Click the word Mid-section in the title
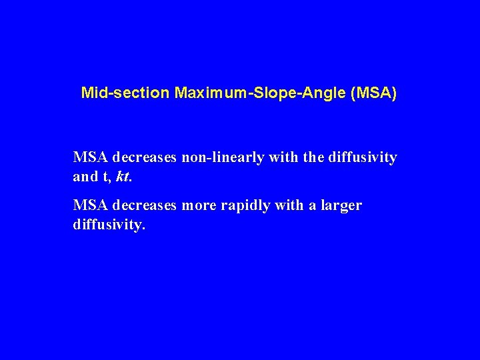pos(125,93)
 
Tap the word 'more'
pos(199,206)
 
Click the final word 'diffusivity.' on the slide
pos(109,225)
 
